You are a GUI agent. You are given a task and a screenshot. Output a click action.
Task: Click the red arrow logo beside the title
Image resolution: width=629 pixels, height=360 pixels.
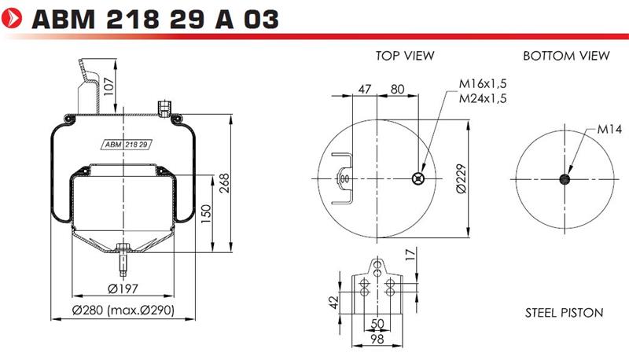(12, 18)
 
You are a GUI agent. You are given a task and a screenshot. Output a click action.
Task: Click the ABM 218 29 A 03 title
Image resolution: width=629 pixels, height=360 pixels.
(155, 19)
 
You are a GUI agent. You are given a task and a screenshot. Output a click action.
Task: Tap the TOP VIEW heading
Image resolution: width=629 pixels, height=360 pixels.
(405, 56)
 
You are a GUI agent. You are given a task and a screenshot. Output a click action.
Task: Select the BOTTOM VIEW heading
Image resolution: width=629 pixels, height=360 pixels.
(566, 56)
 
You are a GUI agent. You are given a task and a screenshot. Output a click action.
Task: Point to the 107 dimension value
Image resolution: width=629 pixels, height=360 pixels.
(109, 86)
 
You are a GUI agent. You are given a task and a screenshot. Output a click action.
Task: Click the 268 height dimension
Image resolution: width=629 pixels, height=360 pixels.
(224, 183)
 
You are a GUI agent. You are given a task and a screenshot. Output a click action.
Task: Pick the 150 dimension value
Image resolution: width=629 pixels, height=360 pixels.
(205, 214)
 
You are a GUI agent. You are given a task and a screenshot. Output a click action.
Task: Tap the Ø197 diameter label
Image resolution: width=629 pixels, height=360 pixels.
(123, 288)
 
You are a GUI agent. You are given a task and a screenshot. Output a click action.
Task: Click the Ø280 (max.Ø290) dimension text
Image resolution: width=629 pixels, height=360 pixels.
(123, 310)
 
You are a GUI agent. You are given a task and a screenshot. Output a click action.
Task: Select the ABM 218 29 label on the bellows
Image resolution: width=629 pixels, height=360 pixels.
(126, 145)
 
